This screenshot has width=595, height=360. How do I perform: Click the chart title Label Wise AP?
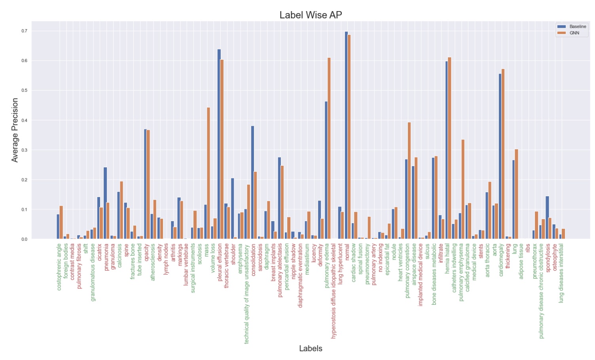pos(311,15)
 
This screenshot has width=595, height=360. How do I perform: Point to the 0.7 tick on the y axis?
pos(25,31)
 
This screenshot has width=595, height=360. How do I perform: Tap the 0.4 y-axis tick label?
pos(25,120)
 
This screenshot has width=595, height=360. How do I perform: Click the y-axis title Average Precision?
pos(15,130)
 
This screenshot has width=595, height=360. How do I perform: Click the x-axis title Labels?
pos(311,349)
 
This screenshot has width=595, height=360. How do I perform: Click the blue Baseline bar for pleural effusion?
pos(219,144)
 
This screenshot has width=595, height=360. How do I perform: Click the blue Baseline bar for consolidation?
pos(252,182)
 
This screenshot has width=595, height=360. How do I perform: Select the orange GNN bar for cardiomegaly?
pos(503,154)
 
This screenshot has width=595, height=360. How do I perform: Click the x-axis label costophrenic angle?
pos(59,267)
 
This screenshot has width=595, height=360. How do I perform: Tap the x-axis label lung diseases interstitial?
pos(561,273)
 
